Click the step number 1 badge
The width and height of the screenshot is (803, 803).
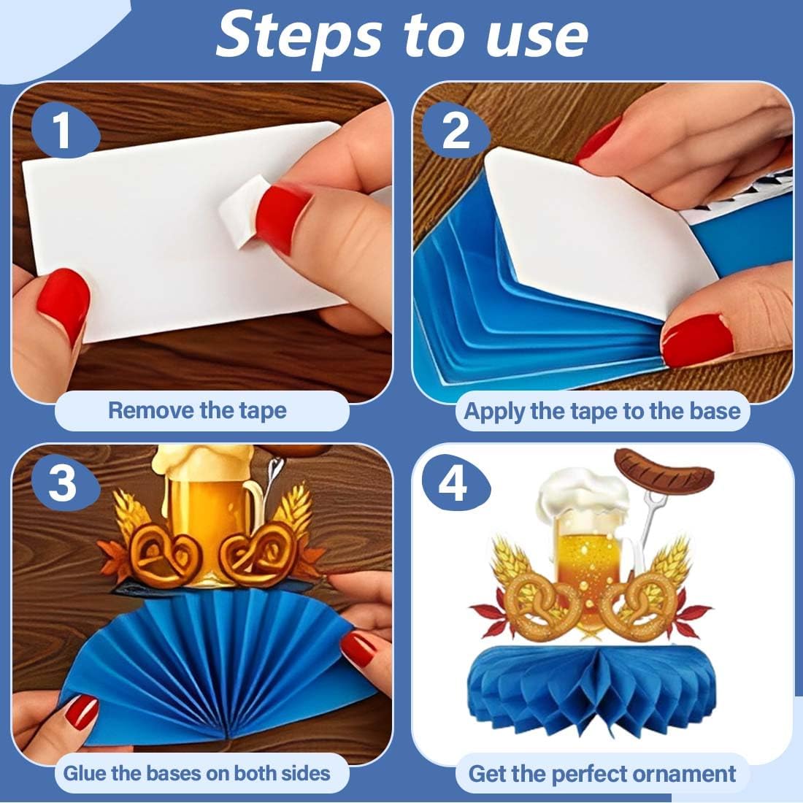click(65, 131)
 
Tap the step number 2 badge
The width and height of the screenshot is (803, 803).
click(456, 131)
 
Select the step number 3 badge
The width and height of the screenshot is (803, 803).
click(65, 483)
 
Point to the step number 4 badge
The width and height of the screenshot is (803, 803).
click(456, 483)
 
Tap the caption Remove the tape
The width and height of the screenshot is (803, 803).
click(197, 411)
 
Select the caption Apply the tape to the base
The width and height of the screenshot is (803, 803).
click(602, 411)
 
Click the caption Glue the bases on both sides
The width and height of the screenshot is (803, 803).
click(196, 773)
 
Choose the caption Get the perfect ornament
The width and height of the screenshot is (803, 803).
click(602, 773)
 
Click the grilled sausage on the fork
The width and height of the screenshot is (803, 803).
click(663, 469)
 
